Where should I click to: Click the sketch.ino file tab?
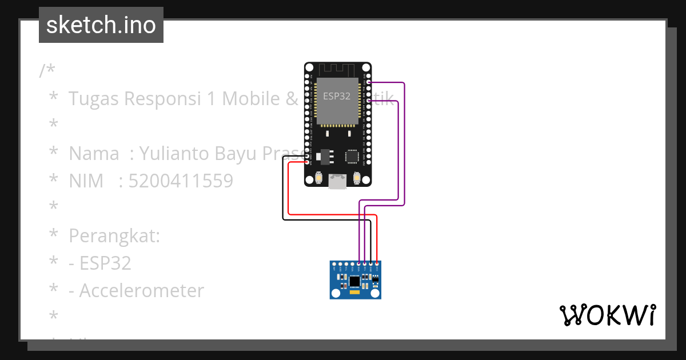101,25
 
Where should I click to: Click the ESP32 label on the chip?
337,96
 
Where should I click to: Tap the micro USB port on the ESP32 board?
337,182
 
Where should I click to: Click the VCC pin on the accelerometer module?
377,265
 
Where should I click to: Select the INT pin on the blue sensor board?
334,265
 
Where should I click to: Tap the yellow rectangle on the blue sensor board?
355,293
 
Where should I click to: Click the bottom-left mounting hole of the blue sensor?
336,293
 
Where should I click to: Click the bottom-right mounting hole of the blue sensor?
375,293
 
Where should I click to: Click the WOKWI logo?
607,315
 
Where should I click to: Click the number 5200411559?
181,181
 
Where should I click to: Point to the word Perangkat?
114,236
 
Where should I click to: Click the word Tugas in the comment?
94,99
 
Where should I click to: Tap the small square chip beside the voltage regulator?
352,155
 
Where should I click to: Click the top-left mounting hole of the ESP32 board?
309,67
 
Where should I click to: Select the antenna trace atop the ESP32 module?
337,69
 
